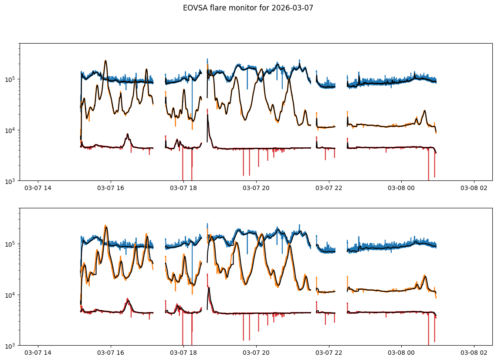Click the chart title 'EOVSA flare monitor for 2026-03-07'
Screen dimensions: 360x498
(x=248, y=8)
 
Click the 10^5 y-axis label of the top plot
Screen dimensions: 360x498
(x=10, y=79)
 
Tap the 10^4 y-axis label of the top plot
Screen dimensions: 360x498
(x=10, y=130)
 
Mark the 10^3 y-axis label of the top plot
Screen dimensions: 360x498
(x=10, y=181)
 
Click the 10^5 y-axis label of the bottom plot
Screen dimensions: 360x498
(x=10, y=244)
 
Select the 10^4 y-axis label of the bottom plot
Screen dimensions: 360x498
(x=10, y=295)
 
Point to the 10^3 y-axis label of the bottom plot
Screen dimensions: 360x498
(x=10, y=346)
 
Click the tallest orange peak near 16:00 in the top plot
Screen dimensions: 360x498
(x=105, y=61)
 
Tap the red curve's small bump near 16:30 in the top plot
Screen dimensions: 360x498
(x=128, y=135)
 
